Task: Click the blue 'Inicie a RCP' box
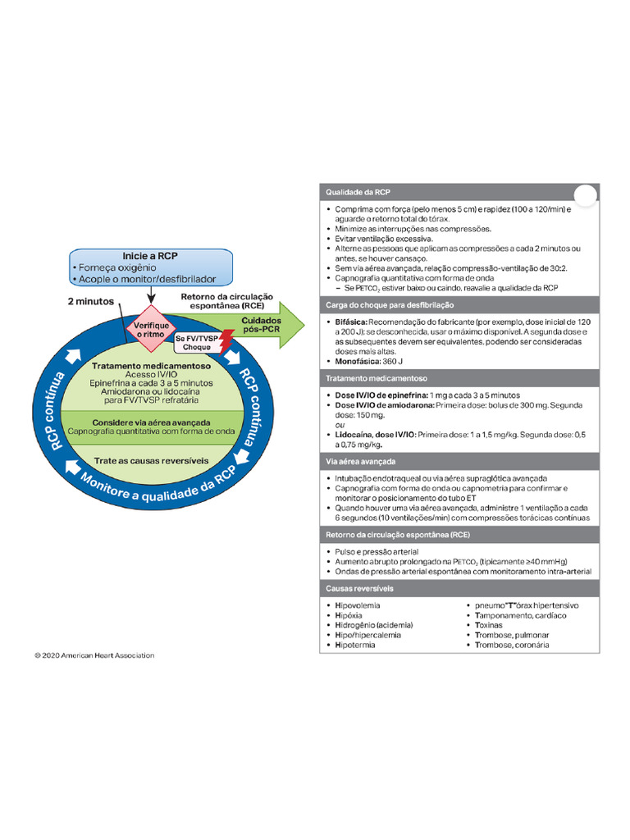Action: (150, 267)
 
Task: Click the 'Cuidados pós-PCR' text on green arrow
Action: (262, 326)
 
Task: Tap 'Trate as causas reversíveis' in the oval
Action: (151, 460)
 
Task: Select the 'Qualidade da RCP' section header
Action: (358, 192)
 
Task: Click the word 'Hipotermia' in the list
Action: (355, 646)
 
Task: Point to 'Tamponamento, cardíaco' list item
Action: (515, 614)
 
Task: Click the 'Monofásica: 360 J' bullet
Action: (369, 361)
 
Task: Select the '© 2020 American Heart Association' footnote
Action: (94, 655)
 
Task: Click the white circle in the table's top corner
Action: (584, 195)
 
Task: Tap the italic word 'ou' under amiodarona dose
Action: (340, 424)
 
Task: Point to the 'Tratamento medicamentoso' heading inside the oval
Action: (151, 366)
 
